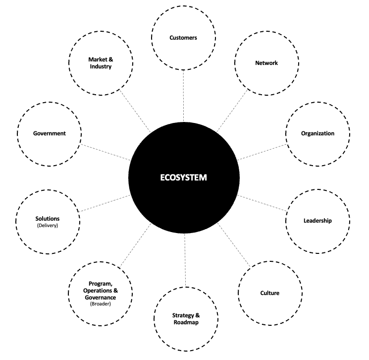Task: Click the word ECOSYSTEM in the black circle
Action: pos(184,178)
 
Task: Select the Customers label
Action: pos(183,38)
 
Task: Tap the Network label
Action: pos(266,63)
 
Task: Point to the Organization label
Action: pos(317,133)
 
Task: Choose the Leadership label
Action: pos(317,221)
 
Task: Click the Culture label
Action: pos(269,293)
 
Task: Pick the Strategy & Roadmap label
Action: pos(186,318)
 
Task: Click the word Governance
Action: pos(100,297)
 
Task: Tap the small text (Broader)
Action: pos(100,304)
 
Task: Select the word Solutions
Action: pos(48,219)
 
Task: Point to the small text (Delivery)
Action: pos(48,226)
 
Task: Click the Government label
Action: pos(50,133)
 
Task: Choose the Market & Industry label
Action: pos(101,63)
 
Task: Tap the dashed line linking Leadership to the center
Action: pos(262,205)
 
